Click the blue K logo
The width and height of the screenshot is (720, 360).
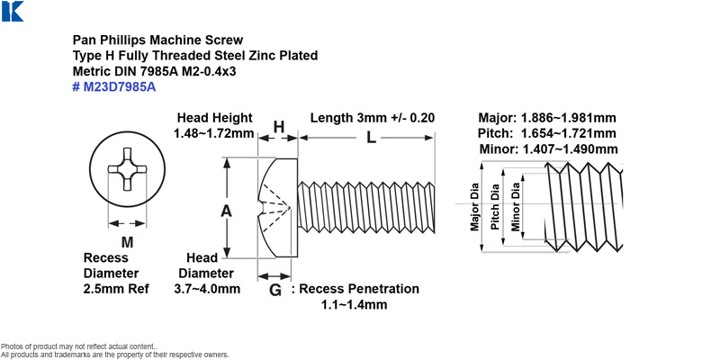click(x=13, y=11)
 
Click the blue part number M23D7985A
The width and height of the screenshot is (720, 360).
click(x=114, y=86)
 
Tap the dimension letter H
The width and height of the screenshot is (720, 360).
click(x=279, y=127)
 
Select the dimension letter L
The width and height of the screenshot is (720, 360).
click(x=371, y=138)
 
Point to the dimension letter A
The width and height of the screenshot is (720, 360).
click(x=226, y=211)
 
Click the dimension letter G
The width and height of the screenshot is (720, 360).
click(x=274, y=290)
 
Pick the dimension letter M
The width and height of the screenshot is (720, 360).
click(x=127, y=241)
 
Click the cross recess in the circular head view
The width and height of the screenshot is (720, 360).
click(x=127, y=169)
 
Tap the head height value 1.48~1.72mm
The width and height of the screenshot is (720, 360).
click(x=214, y=133)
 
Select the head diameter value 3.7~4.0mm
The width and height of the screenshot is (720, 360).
click(x=207, y=289)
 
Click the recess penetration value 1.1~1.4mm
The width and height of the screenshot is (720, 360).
click(x=354, y=304)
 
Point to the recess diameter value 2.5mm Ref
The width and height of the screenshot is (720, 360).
click(x=117, y=289)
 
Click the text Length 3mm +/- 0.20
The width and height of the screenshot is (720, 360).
click(x=373, y=118)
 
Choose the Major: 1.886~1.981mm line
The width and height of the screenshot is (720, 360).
click(x=547, y=118)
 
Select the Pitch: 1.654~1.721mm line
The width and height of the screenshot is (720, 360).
click(x=547, y=133)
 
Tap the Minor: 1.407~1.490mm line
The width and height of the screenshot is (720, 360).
click(x=549, y=149)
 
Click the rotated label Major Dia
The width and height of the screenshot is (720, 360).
click(x=474, y=207)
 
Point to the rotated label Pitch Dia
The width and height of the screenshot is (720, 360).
click(x=495, y=207)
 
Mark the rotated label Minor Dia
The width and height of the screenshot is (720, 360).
click(x=516, y=207)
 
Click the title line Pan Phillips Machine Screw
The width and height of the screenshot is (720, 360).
click(x=158, y=40)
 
